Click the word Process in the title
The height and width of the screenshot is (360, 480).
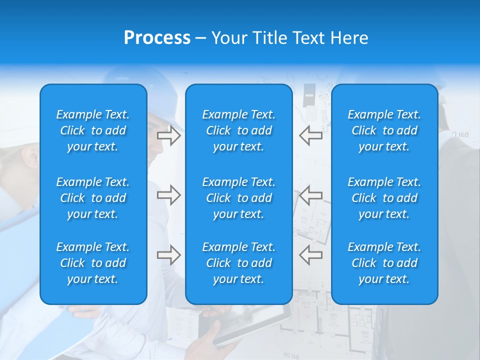tap(157, 37)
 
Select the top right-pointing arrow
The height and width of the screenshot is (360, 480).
tap(168, 135)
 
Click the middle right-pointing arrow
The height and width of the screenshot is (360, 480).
tap(168, 195)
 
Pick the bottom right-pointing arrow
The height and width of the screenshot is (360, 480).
tap(168, 255)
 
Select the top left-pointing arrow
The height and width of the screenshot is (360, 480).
tap(311, 135)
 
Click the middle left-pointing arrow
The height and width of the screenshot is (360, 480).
tap(311, 195)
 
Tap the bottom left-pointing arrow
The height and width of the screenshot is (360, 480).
tap(311, 255)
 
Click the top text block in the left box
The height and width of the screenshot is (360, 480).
tap(93, 130)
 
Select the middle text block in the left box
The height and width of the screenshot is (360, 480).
tap(93, 198)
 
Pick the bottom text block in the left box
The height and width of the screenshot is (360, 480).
tap(93, 263)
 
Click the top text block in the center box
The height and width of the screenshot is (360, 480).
tap(239, 130)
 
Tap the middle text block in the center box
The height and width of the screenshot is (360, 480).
tap(239, 198)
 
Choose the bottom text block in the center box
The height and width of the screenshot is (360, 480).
tap(239, 263)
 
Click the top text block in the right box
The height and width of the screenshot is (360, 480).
tap(384, 130)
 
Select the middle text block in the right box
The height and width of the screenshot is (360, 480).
tap(384, 198)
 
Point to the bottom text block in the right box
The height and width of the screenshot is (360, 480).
tap(384, 263)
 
